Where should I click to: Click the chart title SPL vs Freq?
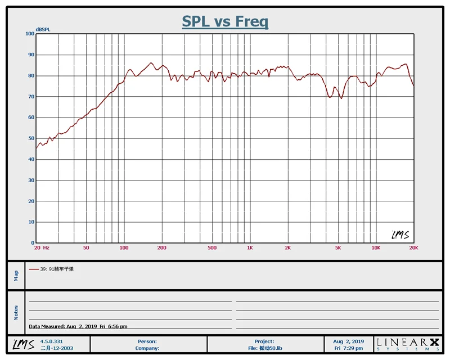[225, 22]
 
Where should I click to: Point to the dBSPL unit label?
[43, 29]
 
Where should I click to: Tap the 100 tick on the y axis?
[30, 34]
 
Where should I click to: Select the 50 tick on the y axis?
[31, 138]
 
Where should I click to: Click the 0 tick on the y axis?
[33, 243]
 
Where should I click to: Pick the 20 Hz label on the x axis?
[42, 247]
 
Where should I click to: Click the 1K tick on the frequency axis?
[250, 247]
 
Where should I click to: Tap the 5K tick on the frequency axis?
[338, 247]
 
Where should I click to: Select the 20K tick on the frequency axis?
[413, 247]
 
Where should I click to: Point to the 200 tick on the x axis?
[162, 247]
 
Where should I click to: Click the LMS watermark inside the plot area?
[400, 234]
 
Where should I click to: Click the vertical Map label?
[16, 276]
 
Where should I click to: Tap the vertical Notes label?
[16, 312]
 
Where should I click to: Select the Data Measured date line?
[78, 326]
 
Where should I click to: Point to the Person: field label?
[147, 341]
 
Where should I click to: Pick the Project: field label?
[264, 341]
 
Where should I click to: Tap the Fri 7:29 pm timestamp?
[349, 348]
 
